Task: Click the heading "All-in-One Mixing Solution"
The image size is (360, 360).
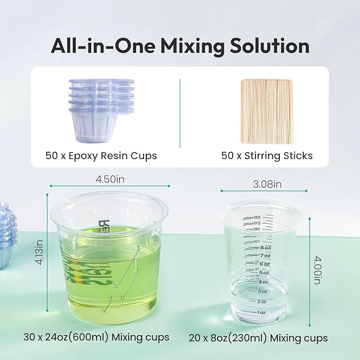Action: (180, 46)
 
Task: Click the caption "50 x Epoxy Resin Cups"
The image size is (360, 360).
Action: (101, 156)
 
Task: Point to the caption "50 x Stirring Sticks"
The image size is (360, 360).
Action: (267, 156)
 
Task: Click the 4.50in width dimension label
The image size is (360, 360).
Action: (110, 179)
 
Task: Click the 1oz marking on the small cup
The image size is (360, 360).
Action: (261, 312)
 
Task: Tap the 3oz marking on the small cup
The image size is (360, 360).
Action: (262, 292)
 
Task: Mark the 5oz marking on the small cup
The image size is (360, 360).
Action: (262, 273)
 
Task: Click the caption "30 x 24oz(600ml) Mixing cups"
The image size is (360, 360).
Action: (96, 337)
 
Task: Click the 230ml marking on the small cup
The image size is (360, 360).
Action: (249, 217)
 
